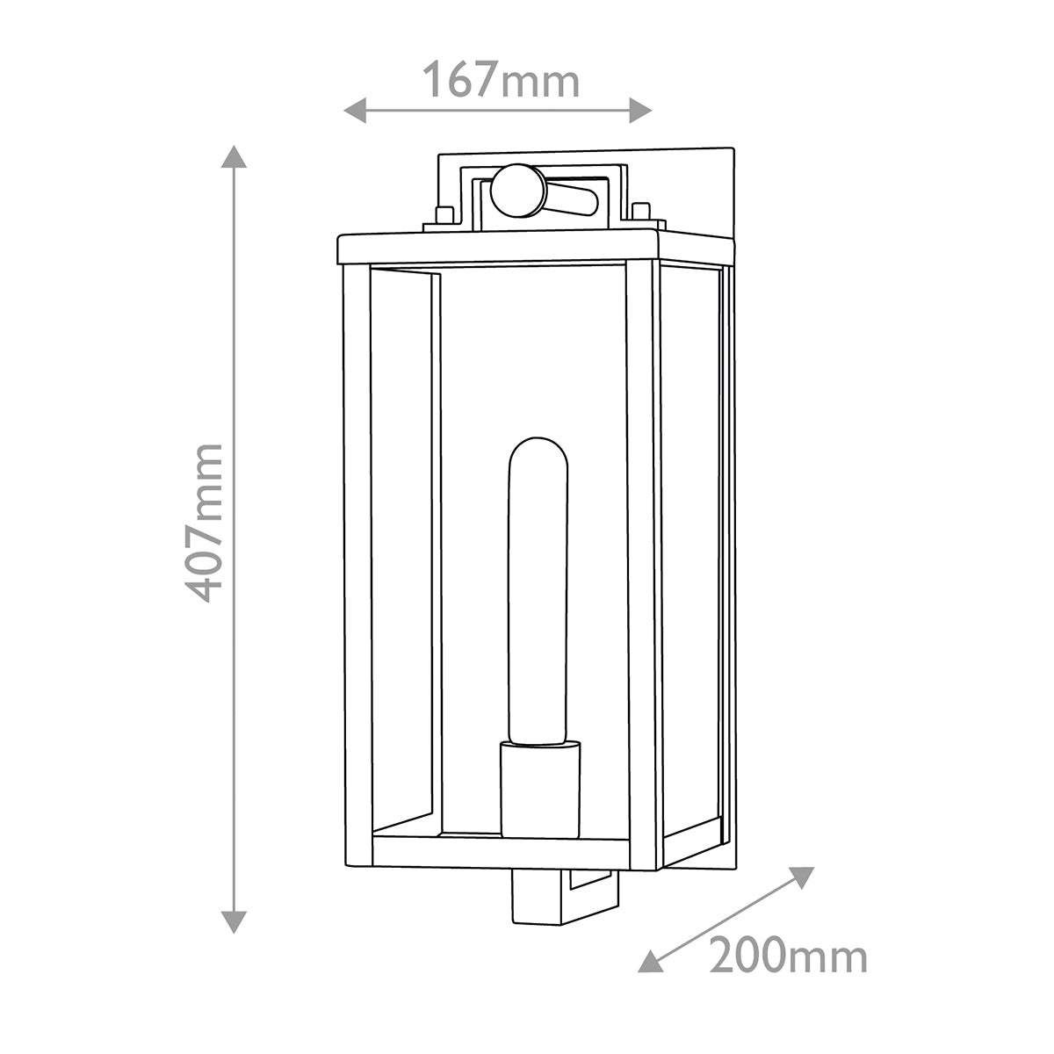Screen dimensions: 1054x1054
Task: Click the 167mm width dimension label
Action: click(502, 81)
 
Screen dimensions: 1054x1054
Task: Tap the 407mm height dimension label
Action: click(207, 522)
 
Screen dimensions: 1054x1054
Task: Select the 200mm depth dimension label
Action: click(788, 956)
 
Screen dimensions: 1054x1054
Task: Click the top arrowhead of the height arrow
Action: click(234, 156)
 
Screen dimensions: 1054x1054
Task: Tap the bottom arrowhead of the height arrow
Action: click(234, 921)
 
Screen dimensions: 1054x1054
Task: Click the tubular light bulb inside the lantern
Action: click(538, 588)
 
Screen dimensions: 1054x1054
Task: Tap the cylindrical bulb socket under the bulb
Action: click(540, 788)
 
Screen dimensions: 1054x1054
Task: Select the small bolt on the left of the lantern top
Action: click(444, 214)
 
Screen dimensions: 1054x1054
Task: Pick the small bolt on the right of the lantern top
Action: click(641, 211)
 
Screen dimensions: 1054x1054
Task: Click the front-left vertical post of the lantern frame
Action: click(357, 562)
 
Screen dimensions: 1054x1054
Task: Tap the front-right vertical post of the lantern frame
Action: click(642, 562)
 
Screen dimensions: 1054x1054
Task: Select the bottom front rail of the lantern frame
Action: click(501, 851)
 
